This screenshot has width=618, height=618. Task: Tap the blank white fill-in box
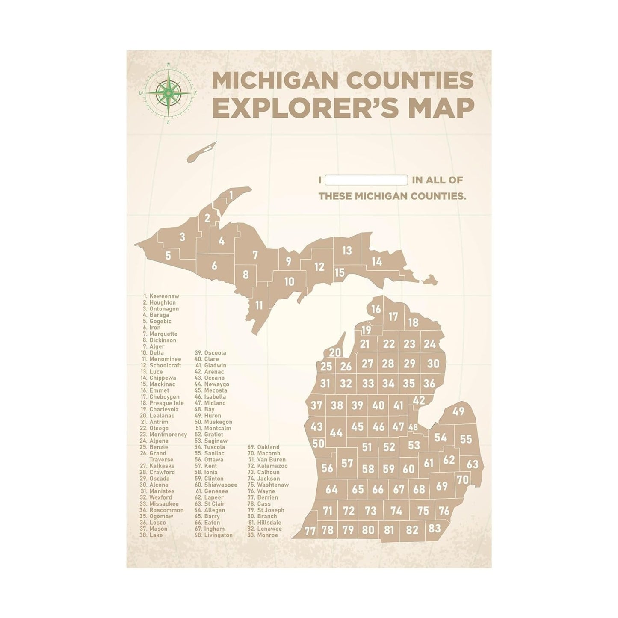[x=366, y=180]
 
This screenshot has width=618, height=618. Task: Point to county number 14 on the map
[x=376, y=261]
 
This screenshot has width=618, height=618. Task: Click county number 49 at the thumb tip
[x=458, y=412]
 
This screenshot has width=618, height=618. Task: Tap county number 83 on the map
[x=435, y=529]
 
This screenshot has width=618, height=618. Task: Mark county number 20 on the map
[x=335, y=352]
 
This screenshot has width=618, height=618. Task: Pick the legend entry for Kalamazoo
[x=272, y=466]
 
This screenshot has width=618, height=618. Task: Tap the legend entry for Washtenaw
[x=272, y=485]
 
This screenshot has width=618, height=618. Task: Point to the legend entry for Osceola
[x=215, y=353]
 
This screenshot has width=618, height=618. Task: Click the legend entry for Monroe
[x=267, y=535]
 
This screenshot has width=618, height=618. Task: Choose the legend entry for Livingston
[x=218, y=535]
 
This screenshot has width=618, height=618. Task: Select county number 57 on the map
[x=347, y=463]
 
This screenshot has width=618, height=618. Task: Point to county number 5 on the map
[x=168, y=256]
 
